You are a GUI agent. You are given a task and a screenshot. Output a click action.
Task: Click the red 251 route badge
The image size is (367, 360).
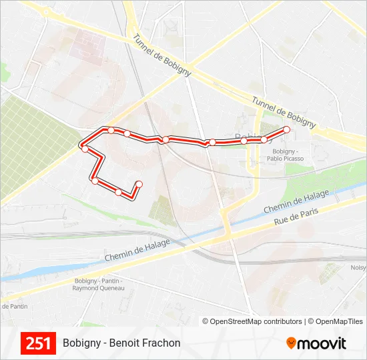[38, 343]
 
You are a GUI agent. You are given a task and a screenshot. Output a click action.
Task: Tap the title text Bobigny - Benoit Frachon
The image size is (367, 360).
[121, 343]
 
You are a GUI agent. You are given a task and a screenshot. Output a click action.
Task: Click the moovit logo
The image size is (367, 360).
[316, 343]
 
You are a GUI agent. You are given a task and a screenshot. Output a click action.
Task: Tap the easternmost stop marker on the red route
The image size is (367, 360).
[287, 129]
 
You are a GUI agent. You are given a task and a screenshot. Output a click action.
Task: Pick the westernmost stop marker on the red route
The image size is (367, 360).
[85, 149]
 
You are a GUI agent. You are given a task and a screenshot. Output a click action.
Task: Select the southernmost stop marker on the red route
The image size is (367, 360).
[119, 192]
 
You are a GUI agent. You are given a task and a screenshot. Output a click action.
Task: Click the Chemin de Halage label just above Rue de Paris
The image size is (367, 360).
[296, 201]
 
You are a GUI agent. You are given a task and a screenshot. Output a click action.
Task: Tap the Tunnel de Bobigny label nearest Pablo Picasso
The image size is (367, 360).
[284, 111]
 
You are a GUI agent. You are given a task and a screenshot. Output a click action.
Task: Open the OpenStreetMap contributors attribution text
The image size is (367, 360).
[256, 321]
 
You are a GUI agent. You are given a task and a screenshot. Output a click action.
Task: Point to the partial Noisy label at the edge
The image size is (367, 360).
[358, 268]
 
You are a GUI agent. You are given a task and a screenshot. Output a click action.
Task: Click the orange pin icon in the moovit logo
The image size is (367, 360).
[291, 343]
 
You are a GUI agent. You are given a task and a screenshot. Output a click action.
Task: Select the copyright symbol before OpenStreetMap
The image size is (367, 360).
[206, 321]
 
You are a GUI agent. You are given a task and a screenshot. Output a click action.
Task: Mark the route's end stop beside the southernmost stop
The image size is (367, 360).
[139, 183]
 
